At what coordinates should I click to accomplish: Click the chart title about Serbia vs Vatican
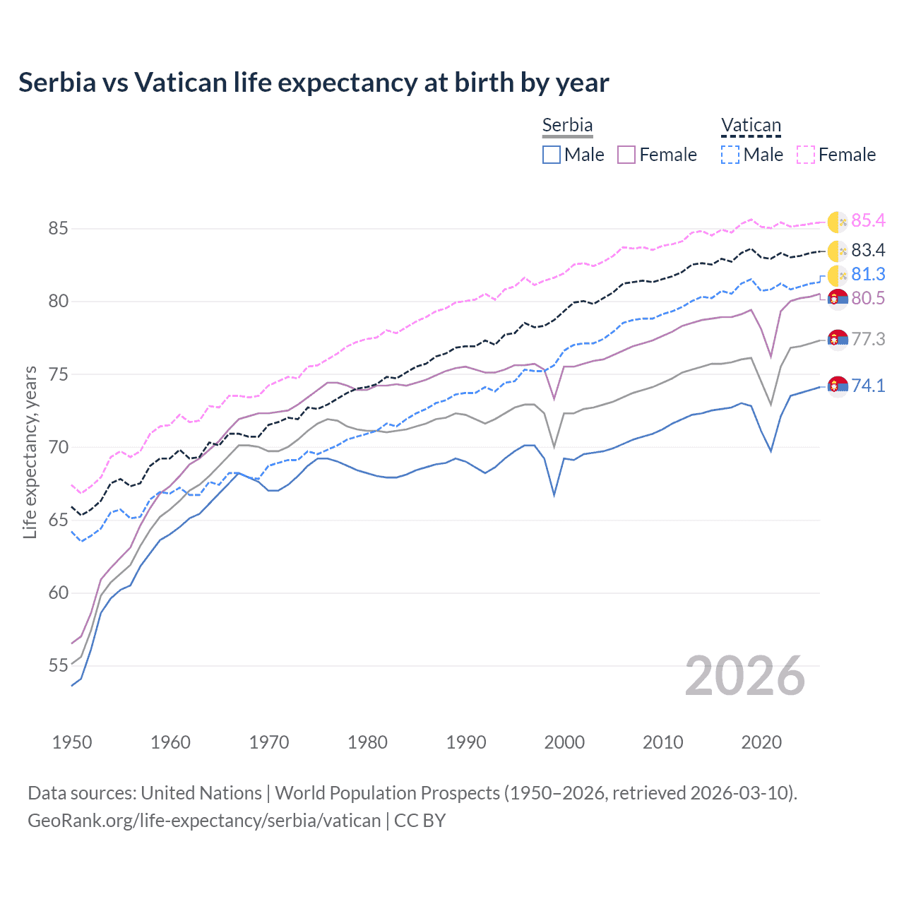tap(314, 83)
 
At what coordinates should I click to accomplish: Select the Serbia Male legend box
tap(552, 155)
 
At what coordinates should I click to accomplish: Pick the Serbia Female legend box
tap(626, 155)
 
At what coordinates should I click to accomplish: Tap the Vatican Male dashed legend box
tap(730, 155)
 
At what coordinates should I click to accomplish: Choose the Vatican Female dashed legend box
tap(806, 155)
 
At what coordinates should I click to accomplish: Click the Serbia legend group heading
tap(567, 125)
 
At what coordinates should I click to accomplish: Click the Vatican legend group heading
tap(751, 126)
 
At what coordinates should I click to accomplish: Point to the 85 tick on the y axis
tap(58, 229)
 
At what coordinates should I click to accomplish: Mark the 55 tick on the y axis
tap(58, 666)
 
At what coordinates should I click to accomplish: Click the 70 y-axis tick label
tap(58, 448)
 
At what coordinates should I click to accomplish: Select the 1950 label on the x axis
tap(72, 742)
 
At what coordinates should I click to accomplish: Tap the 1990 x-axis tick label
tap(466, 742)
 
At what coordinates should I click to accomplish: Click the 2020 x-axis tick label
tap(761, 742)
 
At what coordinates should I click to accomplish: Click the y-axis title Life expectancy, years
tap(30, 452)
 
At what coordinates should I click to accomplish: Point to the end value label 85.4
tap(868, 221)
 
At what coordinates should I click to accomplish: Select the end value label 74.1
tap(868, 386)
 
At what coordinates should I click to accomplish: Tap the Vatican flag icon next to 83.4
tap(838, 251)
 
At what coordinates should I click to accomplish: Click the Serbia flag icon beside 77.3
tap(838, 340)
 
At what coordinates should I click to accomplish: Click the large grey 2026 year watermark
tap(745, 676)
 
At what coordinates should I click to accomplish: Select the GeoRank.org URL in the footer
tap(204, 821)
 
